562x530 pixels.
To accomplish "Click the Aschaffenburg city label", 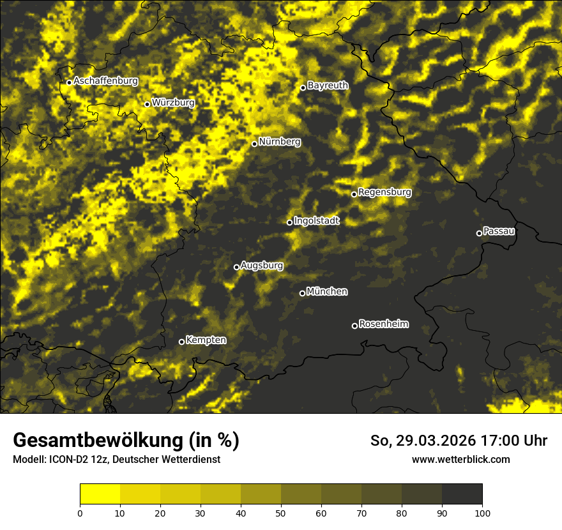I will pos(105,81).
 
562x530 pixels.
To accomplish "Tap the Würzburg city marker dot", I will pos(147,104).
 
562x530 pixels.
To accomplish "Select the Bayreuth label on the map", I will pos(328,86).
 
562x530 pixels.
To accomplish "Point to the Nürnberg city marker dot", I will pos(254,144).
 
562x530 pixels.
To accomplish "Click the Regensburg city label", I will pos(384,192).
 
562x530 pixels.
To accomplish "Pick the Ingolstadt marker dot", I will pos(289,222).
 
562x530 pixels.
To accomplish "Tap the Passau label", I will pos(499,231).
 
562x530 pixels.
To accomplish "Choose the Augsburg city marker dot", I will pos(236,267).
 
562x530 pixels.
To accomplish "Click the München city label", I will pos(327,292).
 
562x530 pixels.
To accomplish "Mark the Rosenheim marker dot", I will pos(354,326).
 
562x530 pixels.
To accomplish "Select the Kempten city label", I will pos(206,340).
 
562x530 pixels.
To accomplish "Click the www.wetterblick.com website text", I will pos(460,460).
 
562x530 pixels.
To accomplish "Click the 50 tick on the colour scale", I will pos(281,512).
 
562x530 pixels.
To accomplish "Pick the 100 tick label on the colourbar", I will pos(482,512).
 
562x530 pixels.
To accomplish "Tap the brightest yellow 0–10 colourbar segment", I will pos(100,494).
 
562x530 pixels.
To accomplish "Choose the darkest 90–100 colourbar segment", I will pos(462,494).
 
